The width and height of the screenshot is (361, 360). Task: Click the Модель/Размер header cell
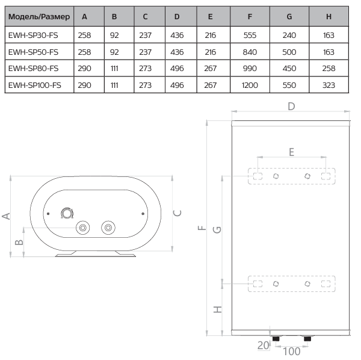coord(39,17)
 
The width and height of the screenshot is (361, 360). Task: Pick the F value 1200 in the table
coord(250,85)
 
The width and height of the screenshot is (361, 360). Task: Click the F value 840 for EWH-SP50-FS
coord(250,52)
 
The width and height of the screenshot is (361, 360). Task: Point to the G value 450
coord(289,69)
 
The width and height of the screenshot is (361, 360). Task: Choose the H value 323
coord(329,85)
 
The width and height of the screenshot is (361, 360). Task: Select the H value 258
coord(329,69)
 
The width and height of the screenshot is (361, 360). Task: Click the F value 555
coord(250,36)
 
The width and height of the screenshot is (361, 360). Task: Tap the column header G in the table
coord(289,17)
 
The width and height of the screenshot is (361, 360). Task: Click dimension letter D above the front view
coord(291,107)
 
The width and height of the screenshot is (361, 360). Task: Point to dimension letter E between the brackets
coord(291,152)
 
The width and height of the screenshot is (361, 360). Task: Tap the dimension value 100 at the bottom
coord(291,351)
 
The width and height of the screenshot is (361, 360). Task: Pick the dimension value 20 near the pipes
coord(262,345)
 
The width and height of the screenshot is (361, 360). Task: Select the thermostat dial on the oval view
coord(66,213)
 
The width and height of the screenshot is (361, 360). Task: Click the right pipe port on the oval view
coord(108,228)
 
